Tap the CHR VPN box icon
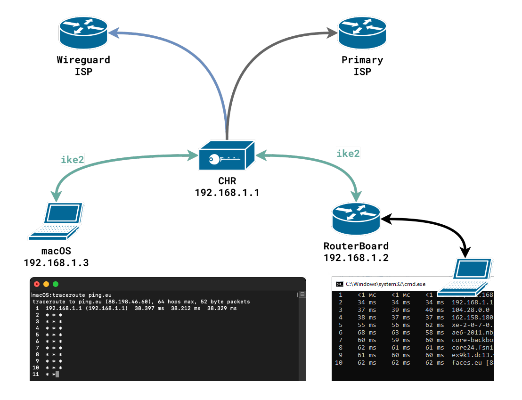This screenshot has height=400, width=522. (226, 157)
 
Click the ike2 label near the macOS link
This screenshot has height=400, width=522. (73, 160)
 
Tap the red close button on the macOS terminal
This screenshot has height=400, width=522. (37, 284)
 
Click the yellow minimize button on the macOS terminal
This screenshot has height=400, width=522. (46, 284)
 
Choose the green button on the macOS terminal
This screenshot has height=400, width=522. (56, 284)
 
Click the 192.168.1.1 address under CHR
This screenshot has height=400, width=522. (227, 193)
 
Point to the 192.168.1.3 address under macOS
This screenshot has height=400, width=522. (56, 262)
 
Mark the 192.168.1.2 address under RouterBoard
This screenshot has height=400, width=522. (356, 257)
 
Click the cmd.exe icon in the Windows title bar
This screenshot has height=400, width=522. (339, 284)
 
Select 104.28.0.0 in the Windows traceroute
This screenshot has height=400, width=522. (470, 310)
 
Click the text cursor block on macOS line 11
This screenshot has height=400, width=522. (57, 374)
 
